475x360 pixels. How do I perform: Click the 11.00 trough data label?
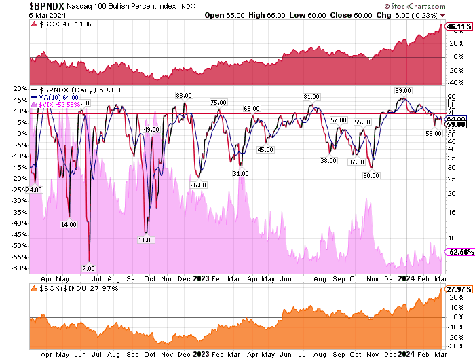[145, 240]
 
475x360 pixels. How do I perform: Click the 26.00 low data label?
[198, 185]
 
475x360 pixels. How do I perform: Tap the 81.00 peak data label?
[311, 96]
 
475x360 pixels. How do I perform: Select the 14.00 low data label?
[69, 223]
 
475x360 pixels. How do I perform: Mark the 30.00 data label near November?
[370, 175]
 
